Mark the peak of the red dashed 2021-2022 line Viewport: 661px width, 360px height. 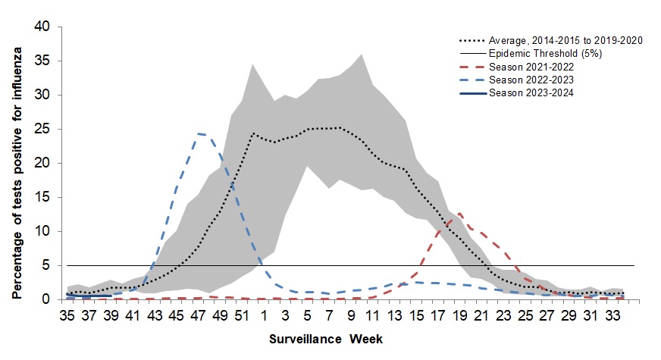pos(459,214)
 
